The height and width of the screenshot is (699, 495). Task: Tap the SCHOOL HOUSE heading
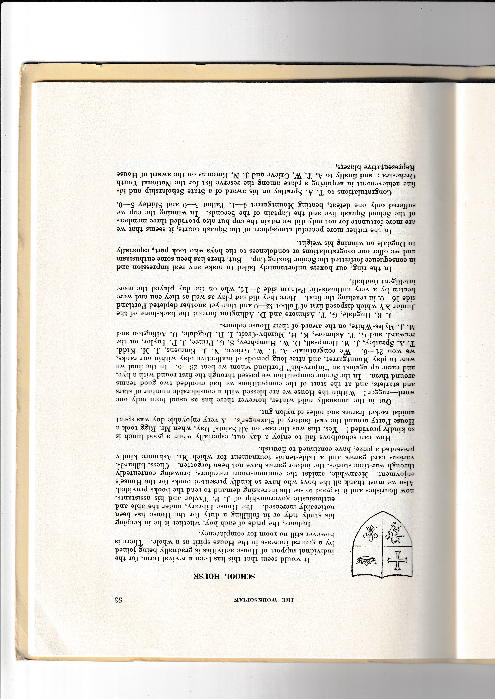pos(226,576)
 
